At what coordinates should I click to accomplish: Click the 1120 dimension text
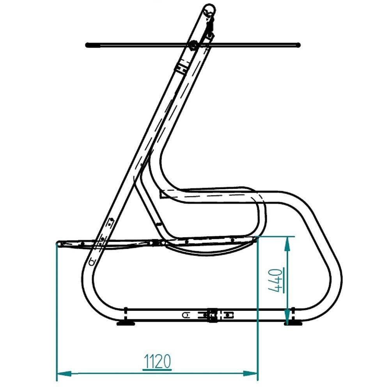[157, 362]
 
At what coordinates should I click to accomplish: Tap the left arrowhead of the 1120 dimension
[64, 373]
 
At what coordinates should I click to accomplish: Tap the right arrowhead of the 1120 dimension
[250, 373]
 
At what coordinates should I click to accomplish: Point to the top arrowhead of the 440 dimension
[287, 244]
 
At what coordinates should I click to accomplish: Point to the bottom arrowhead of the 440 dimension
[287, 317]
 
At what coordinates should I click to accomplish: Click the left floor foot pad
[126, 323]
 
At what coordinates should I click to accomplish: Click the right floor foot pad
[293, 323]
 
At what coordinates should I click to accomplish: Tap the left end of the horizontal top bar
[87, 45]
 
